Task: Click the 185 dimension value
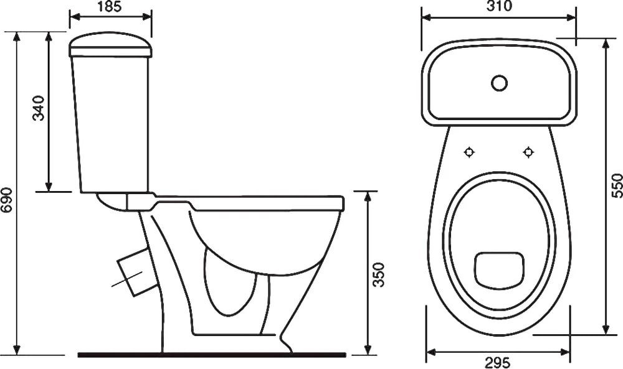coord(110,7)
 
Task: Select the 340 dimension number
coord(39,108)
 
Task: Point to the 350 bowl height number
coord(379,274)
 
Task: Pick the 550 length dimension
coord(616,185)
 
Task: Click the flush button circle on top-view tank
coord(499,83)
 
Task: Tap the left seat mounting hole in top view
coord(469,152)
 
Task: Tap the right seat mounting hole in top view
coord(528,152)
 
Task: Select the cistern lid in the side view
coord(110,45)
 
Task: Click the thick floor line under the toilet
coord(212,355)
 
